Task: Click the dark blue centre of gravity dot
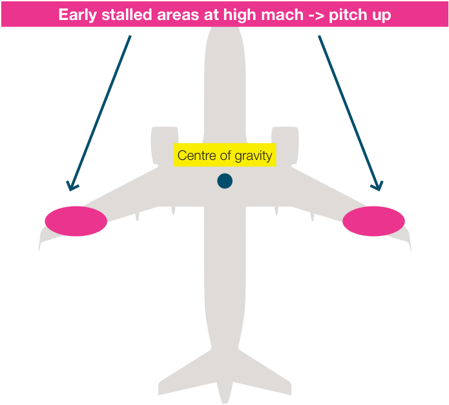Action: coord(225,181)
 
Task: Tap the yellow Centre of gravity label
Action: coord(225,155)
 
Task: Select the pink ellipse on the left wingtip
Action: coord(76,221)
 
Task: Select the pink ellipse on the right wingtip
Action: coord(373,221)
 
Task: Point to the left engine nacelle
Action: coord(165,145)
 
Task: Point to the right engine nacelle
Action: coord(285,145)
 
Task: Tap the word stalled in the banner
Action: coord(127,14)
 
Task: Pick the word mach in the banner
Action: coord(282,14)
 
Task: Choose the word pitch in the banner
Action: coord(348,15)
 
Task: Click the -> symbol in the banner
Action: coord(316,15)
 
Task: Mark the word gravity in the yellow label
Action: coord(253,156)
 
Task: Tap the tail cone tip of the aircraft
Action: coord(225,402)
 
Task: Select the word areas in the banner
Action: coord(178,15)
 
